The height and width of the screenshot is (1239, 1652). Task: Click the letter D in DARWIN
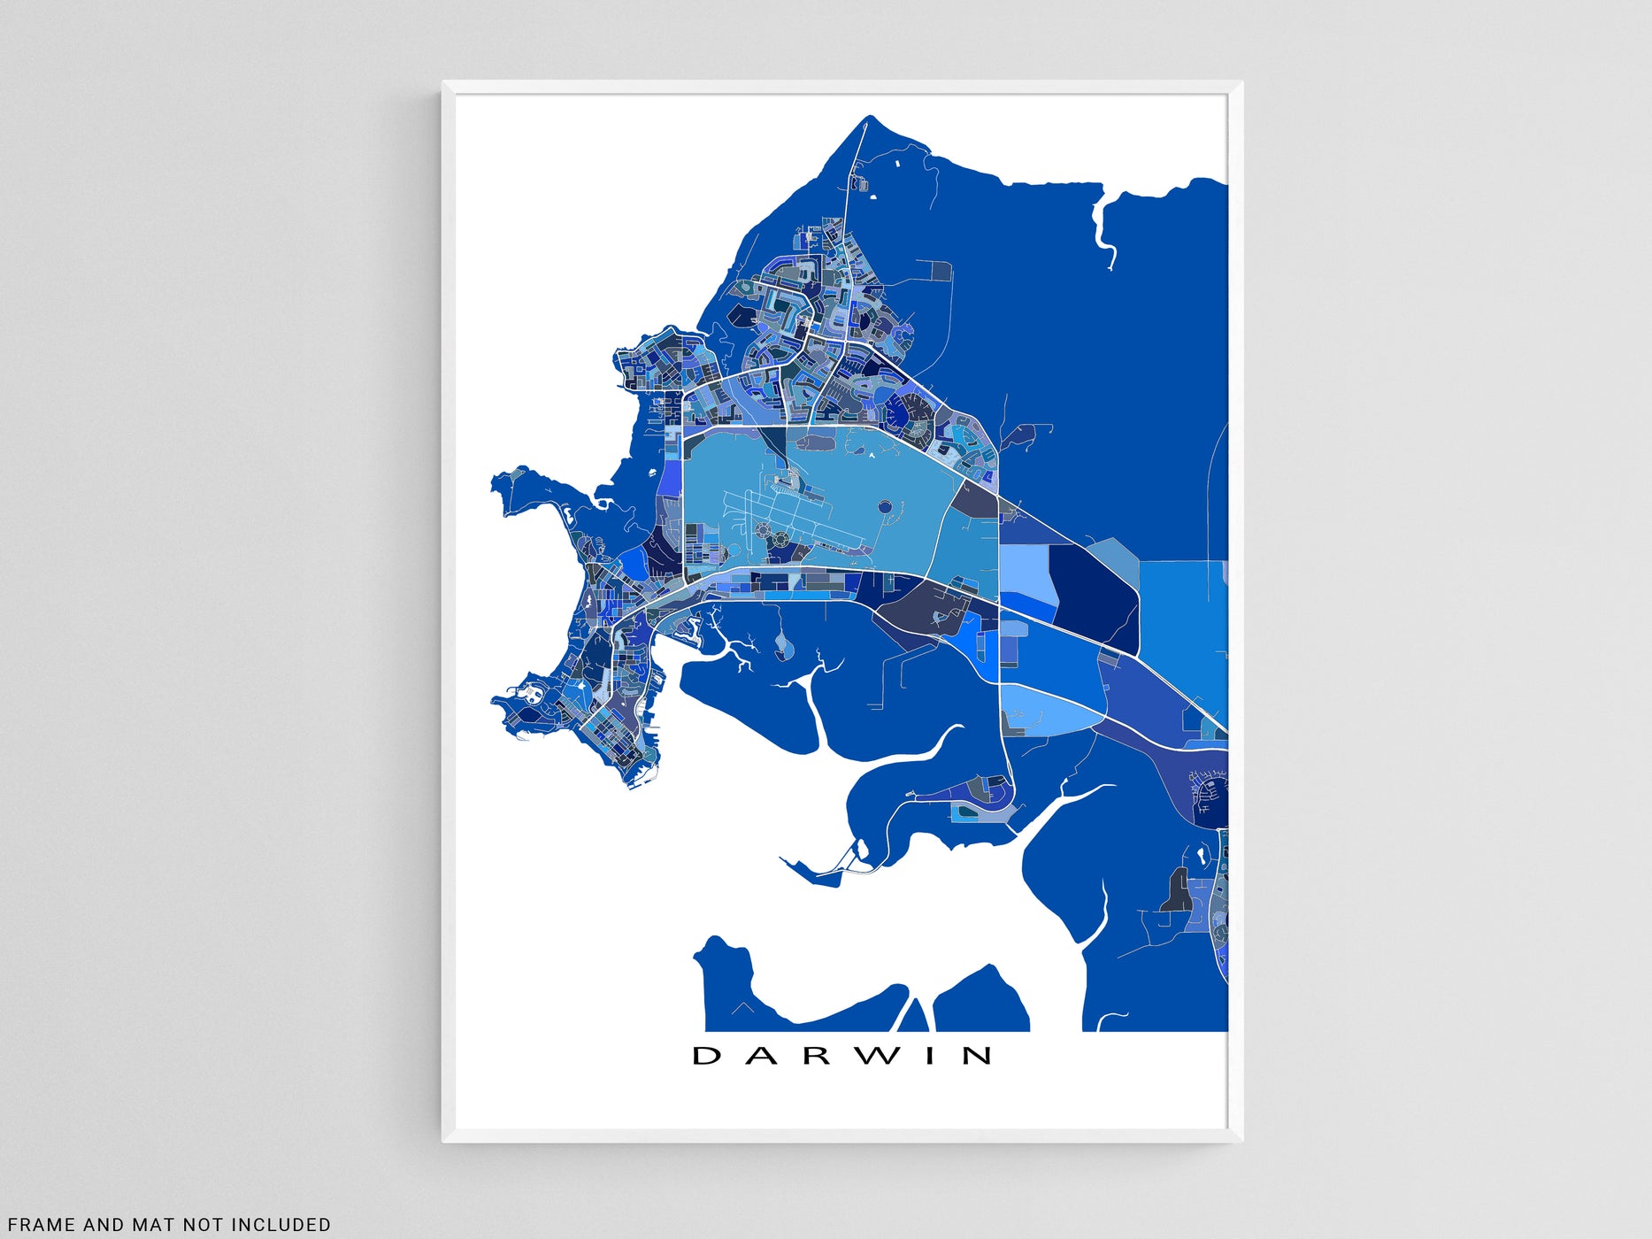706,1055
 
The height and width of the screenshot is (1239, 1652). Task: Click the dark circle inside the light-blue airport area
885,507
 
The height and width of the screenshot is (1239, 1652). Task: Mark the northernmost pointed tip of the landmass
870,117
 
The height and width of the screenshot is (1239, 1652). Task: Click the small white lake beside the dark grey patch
1201,856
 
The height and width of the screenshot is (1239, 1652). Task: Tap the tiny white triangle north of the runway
872,456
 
